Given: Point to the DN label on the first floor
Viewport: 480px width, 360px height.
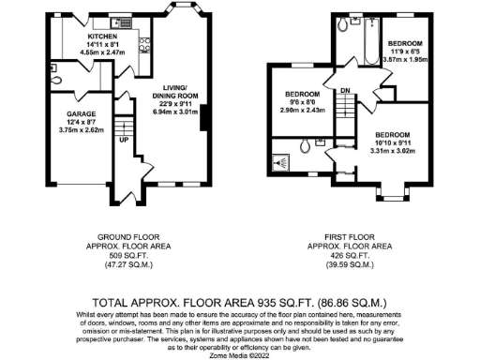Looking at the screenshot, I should pyautogui.click(x=345, y=90).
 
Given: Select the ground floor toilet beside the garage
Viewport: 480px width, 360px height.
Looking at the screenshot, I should pyautogui.click(x=57, y=82).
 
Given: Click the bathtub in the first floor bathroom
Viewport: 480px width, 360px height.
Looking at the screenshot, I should pyautogui.click(x=360, y=37).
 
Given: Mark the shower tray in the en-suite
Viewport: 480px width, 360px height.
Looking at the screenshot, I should pyautogui.click(x=280, y=160).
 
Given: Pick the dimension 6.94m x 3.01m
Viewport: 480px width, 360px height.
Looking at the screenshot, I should pyautogui.click(x=177, y=111).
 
